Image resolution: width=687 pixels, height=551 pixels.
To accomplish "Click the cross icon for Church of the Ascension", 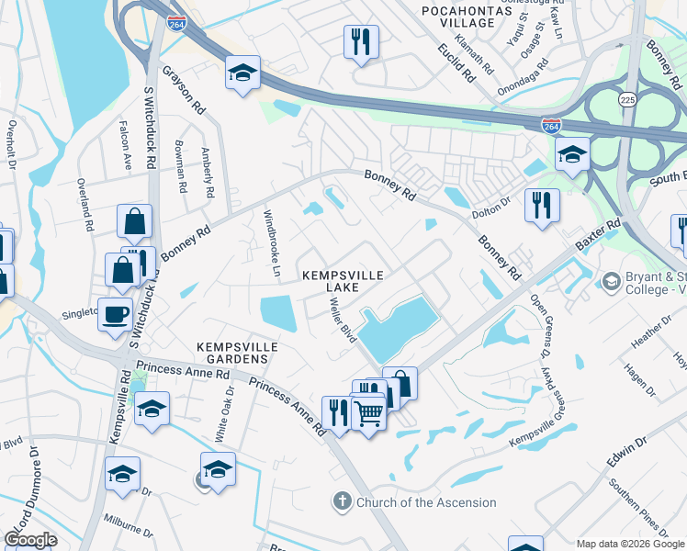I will coord(342,502).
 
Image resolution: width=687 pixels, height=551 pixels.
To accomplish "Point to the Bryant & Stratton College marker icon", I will coord(610,279).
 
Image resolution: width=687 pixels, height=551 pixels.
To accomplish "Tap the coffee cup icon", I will coord(116,314).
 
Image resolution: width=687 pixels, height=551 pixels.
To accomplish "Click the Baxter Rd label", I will coord(599,235).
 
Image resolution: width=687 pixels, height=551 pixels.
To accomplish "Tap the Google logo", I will coord(30,539).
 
